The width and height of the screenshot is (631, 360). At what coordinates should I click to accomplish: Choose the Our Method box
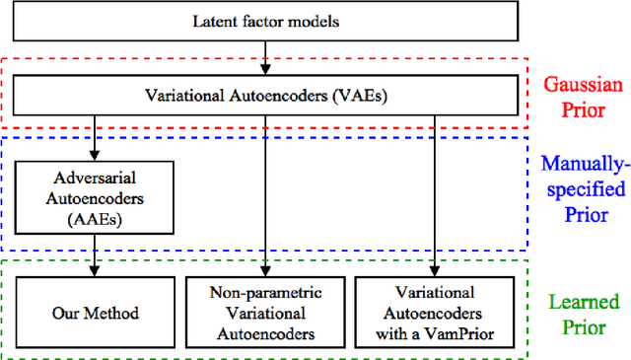[95, 314]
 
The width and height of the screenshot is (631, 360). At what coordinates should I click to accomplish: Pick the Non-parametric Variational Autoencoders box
[265, 314]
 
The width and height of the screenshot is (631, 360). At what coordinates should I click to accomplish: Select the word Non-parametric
[265, 294]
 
